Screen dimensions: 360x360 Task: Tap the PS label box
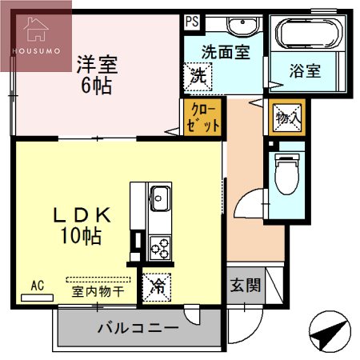tap(191, 22)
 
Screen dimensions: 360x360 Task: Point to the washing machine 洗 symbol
tap(197, 78)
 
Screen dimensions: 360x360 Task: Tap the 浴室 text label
tap(304, 70)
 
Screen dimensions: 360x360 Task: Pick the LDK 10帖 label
tap(81, 225)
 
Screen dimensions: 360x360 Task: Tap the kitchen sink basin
tap(158, 196)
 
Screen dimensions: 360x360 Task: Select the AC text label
tap(37, 284)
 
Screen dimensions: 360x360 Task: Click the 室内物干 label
tap(98, 291)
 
